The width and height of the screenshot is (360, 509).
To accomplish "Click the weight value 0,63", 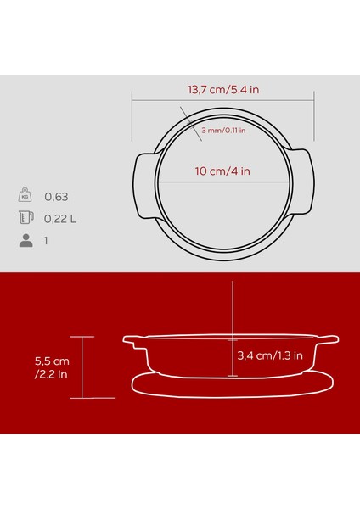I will (x=55, y=197).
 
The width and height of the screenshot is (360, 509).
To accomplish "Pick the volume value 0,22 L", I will (x=61, y=219).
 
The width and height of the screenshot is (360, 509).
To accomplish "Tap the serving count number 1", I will (x=48, y=241).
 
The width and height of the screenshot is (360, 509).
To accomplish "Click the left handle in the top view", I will (x=143, y=185).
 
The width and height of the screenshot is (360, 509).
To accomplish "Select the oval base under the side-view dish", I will (x=232, y=385).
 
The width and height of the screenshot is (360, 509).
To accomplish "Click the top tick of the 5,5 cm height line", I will (x=82, y=336).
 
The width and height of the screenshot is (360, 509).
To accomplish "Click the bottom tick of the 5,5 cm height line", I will (x=82, y=398).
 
